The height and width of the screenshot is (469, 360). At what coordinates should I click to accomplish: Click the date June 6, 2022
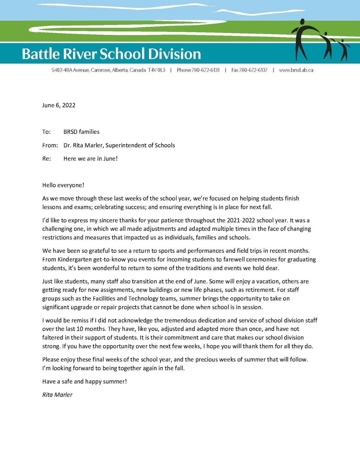(x=59, y=105)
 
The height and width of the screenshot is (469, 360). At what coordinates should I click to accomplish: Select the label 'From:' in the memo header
(x=50, y=145)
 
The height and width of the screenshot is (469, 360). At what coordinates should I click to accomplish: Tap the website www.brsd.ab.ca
(x=296, y=70)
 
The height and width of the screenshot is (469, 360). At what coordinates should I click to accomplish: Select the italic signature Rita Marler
(x=57, y=395)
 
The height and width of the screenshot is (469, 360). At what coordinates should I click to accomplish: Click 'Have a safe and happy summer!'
(x=84, y=381)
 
